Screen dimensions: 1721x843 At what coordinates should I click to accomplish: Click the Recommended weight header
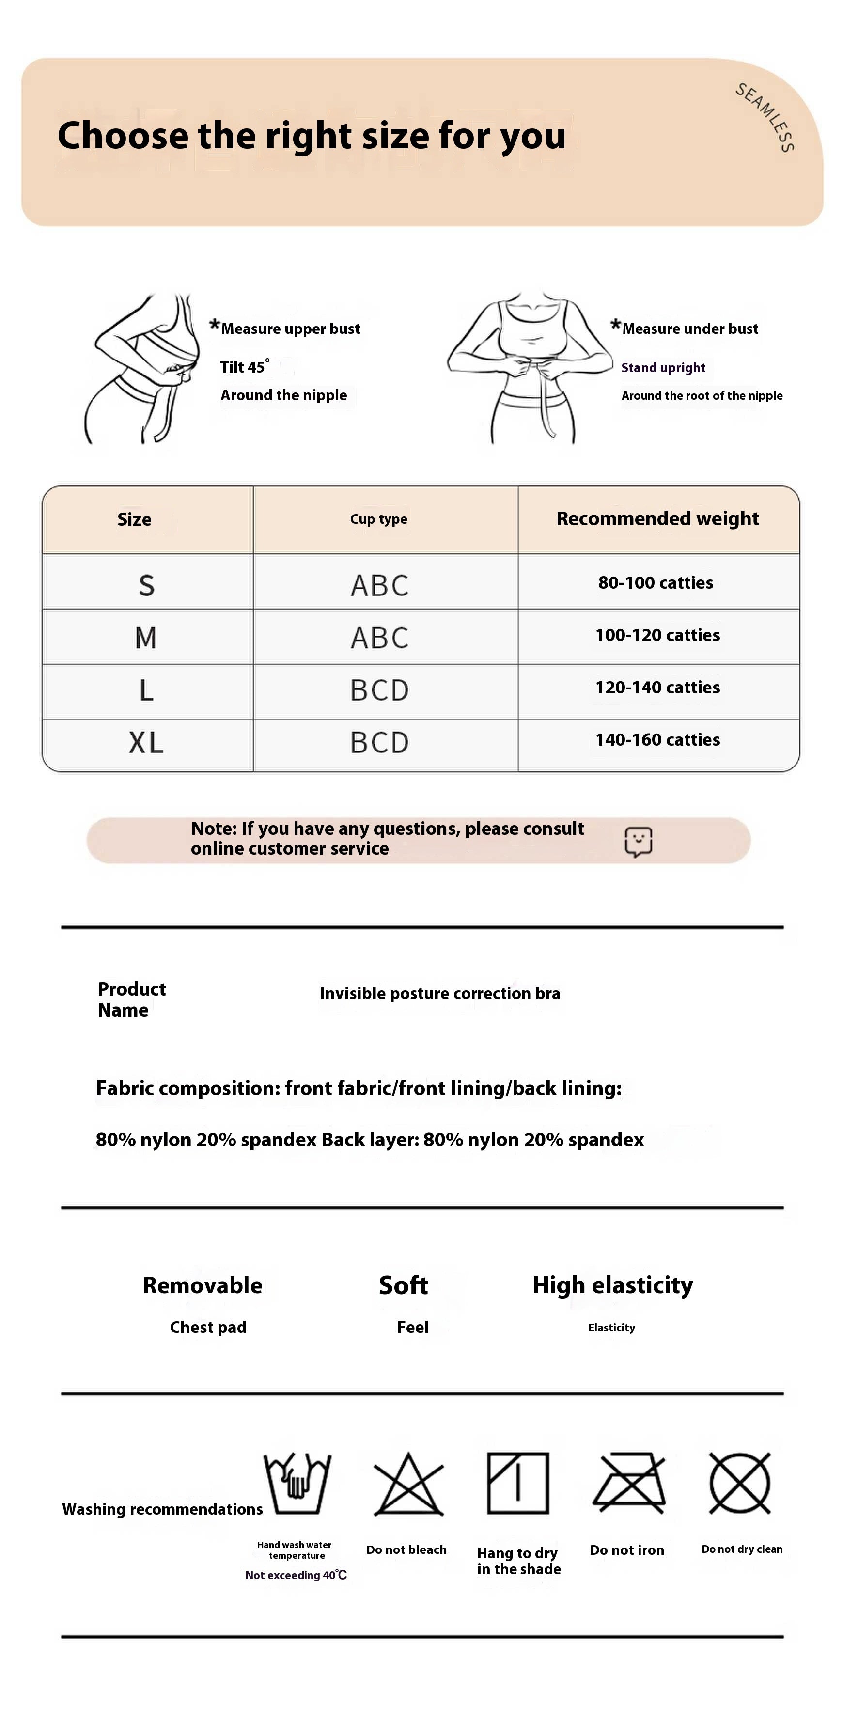tap(657, 519)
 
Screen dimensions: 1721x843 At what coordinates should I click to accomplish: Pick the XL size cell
tap(146, 743)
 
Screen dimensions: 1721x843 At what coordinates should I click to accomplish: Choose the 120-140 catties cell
tap(657, 688)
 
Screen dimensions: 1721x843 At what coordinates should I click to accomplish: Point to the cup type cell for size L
tap(379, 690)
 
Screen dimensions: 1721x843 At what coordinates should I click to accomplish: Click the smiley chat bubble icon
tap(638, 842)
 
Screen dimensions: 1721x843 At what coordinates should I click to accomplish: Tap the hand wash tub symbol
tap(297, 1484)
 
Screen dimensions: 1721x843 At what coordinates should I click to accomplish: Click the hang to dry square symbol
tap(518, 1483)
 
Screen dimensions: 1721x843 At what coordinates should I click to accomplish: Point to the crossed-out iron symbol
tap(628, 1483)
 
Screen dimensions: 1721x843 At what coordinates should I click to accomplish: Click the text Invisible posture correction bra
tap(439, 993)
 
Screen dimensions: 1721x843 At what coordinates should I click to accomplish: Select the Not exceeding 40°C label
tap(296, 1575)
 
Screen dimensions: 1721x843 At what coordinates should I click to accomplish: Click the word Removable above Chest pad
tap(203, 1285)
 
